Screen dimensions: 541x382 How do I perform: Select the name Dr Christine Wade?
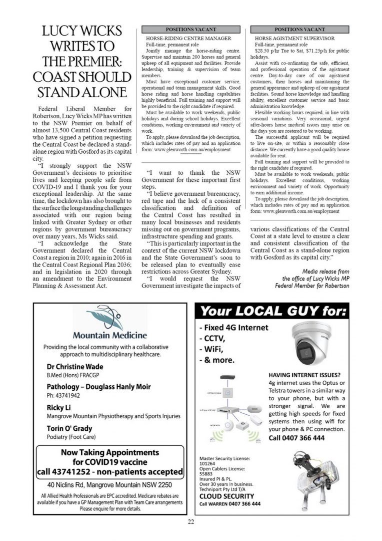click(75, 367)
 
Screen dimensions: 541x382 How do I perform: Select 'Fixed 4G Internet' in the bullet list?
click(233, 328)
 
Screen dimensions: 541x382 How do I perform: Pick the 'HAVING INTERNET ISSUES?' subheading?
click(304, 375)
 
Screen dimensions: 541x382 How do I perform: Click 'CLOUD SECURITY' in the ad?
click(226, 496)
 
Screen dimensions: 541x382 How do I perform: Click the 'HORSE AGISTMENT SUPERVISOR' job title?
click(294, 38)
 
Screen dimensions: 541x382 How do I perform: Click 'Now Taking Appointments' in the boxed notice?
click(109, 452)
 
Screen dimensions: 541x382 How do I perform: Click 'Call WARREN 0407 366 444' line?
click(230, 504)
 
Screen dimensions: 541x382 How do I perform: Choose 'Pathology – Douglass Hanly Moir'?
click(98, 387)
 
